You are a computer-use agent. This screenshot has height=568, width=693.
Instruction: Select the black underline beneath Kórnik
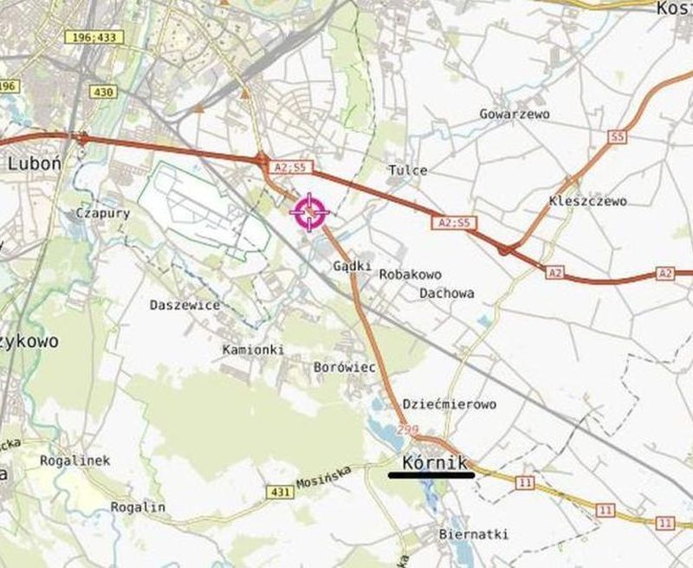(x=431, y=475)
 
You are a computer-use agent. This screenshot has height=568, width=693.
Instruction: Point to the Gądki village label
(x=353, y=267)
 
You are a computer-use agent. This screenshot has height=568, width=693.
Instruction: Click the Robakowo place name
(x=411, y=274)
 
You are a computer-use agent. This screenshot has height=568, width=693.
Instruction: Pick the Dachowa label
(x=447, y=294)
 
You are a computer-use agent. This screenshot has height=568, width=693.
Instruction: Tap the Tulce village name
(x=408, y=171)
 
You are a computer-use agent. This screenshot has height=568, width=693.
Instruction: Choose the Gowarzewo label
(x=515, y=113)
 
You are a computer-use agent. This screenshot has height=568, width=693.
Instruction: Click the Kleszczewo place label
(x=587, y=202)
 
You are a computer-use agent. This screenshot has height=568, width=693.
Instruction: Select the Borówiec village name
(x=344, y=368)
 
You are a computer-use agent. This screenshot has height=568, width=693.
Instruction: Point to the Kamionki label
(x=253, y=350)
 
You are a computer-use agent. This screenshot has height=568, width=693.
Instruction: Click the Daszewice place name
(x=185, y=305)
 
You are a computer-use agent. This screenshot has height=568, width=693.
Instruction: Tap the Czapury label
(x=103, y=213)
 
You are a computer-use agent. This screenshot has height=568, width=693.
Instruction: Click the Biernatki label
(x=474, y=534)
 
